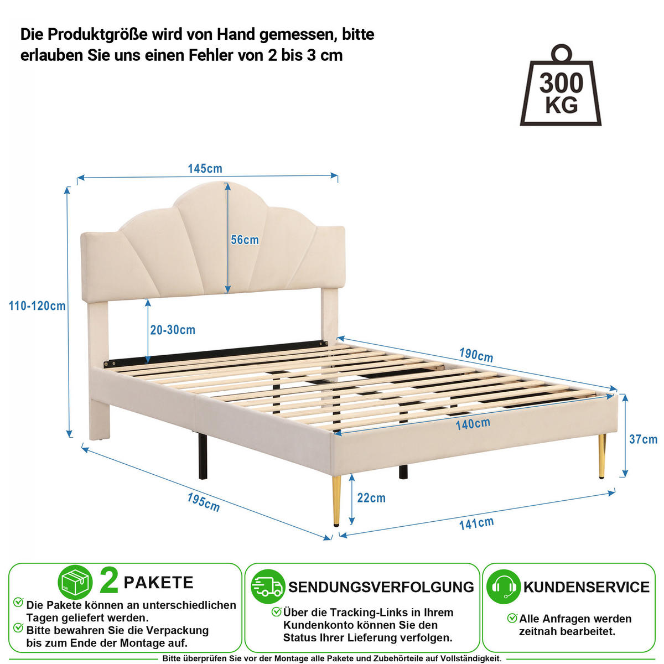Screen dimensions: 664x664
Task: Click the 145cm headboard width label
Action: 205,169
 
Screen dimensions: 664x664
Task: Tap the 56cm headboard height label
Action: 245,240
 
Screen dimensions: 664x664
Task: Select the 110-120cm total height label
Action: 37,305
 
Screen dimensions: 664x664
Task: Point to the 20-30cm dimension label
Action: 173,330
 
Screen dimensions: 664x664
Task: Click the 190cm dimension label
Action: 476,355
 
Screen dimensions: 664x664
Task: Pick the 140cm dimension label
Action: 473,424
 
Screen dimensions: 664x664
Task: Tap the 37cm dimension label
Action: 643,439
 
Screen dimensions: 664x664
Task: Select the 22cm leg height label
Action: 371,497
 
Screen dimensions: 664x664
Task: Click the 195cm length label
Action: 203,502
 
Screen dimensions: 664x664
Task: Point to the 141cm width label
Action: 476,523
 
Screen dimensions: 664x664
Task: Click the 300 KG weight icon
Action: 561,85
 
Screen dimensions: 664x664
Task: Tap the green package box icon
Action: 75,582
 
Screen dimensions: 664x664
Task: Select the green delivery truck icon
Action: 268,587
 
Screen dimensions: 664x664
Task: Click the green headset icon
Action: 504,587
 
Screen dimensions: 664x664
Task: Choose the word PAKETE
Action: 158,583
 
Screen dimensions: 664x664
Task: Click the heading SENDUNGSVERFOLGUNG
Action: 381,587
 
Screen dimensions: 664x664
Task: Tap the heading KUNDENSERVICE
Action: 587,587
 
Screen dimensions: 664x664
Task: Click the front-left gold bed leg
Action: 336,500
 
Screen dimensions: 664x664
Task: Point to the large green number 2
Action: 109,582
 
